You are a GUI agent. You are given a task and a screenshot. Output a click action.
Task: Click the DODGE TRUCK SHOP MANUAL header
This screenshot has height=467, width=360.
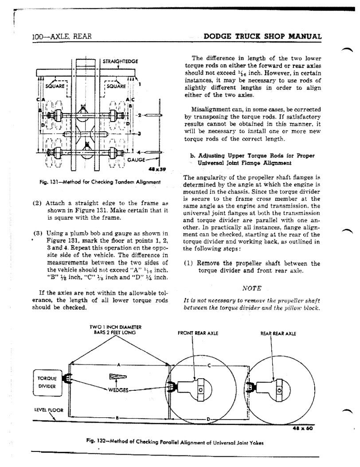pos(262,36)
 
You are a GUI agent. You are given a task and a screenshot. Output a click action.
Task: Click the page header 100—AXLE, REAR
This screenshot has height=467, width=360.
pos(62,36)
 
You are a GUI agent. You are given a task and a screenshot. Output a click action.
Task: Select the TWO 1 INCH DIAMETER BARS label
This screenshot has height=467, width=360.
pos(112,330)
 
